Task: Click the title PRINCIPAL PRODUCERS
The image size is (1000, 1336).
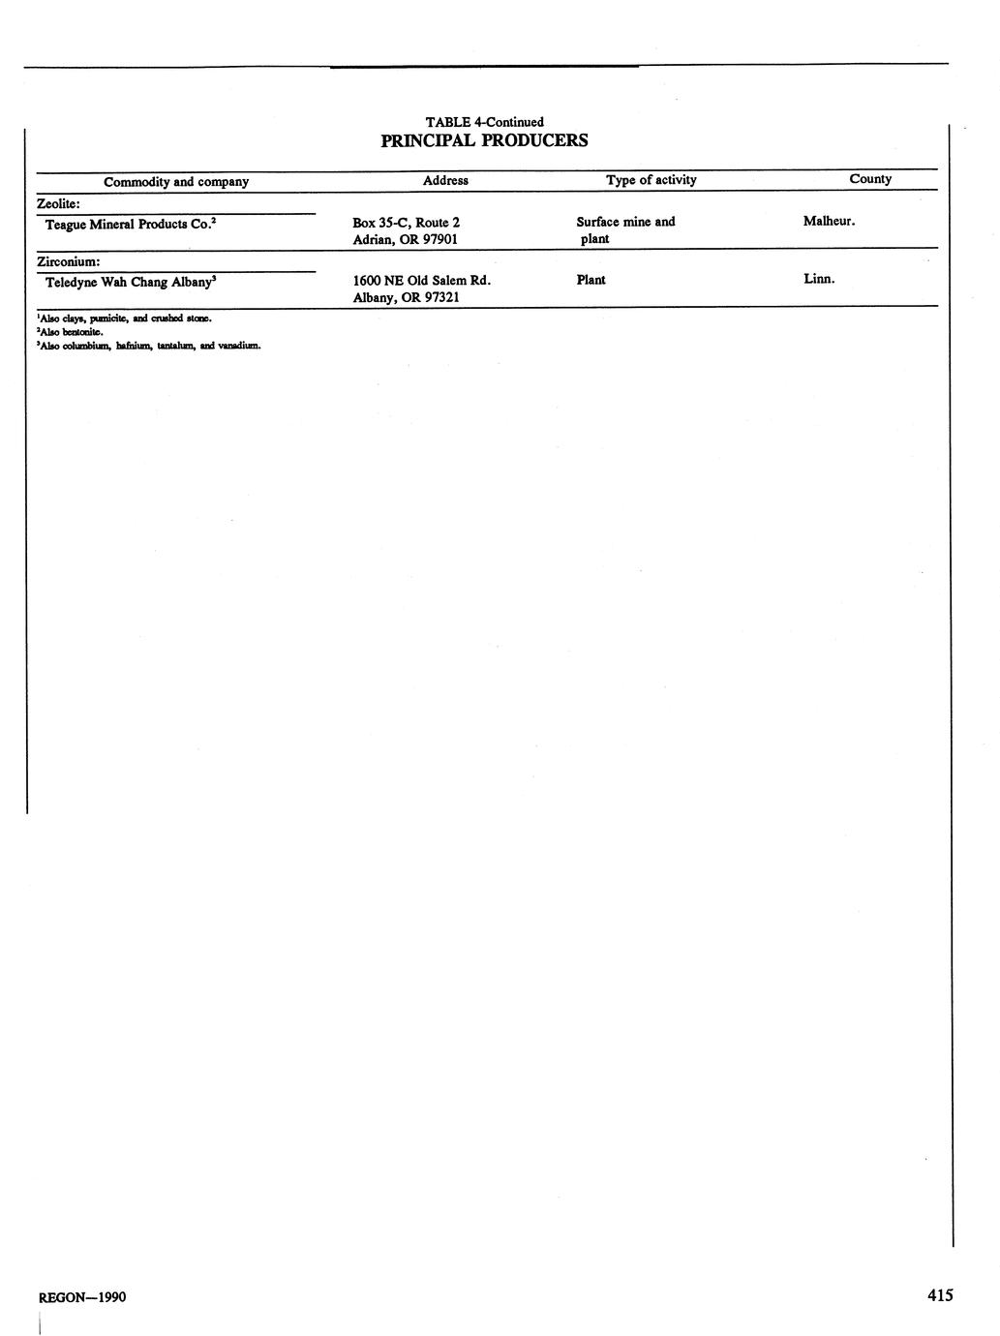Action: pos(484,140)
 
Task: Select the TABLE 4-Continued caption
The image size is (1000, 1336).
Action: pos(484,122)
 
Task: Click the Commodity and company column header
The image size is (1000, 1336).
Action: pos(176,182)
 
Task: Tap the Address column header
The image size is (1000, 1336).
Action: pos(445,180)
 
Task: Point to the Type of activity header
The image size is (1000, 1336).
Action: pos(651,180)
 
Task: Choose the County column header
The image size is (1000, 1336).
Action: pos(870,179)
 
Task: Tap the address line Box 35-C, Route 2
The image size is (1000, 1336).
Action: pos(406,223)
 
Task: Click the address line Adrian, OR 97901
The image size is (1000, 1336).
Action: pos(405,239)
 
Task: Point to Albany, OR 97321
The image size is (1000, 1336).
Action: pos(406,297)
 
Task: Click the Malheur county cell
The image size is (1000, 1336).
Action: pos(829,222)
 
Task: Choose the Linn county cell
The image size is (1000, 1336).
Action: pos(818,279)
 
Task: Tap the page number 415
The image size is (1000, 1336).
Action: pos(939,1295)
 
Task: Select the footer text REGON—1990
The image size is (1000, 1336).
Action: pos(81,1297)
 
